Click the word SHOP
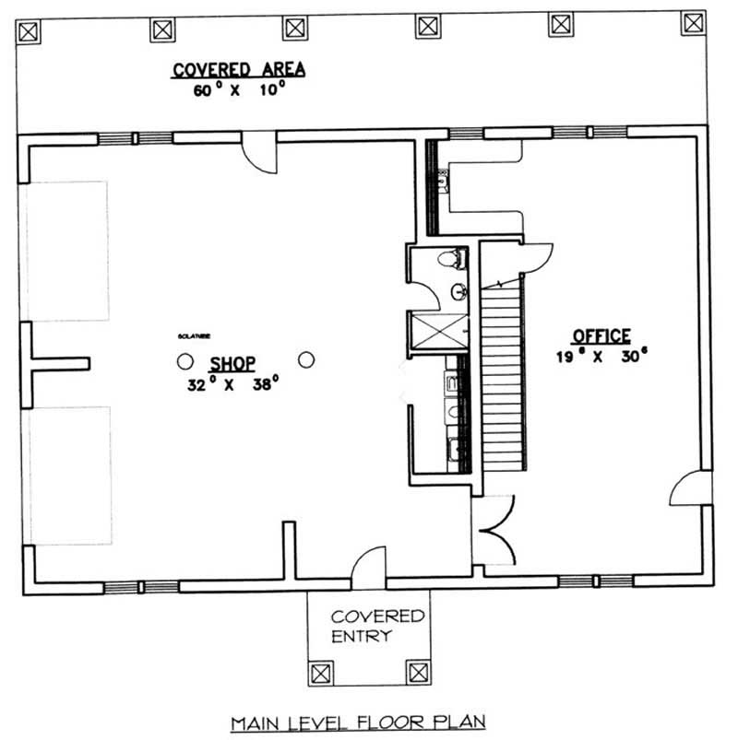232,363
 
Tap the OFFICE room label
601,336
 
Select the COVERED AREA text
239,69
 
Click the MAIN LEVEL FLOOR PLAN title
358,722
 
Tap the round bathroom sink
458,293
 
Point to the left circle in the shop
185,360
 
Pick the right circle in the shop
307,359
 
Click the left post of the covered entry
321,672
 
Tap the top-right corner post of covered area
693,23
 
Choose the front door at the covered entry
368,566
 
